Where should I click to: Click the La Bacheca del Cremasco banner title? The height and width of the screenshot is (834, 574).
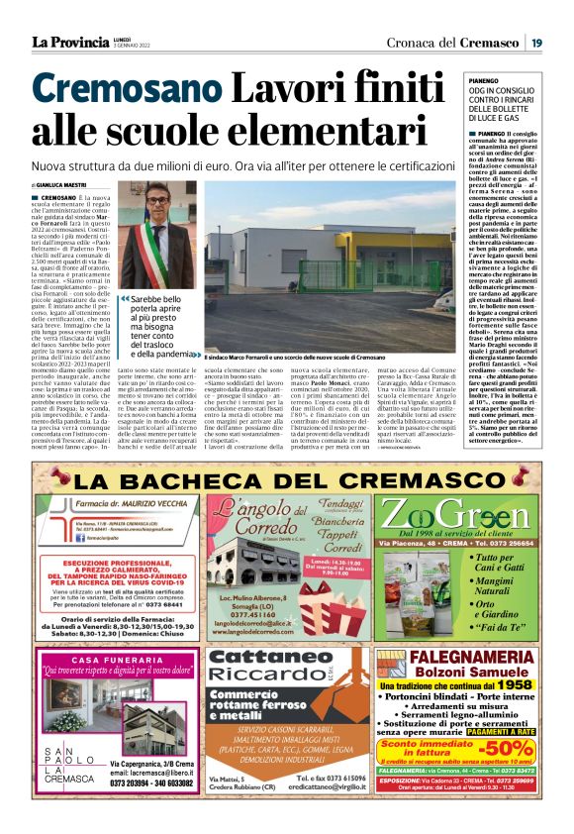286,481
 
